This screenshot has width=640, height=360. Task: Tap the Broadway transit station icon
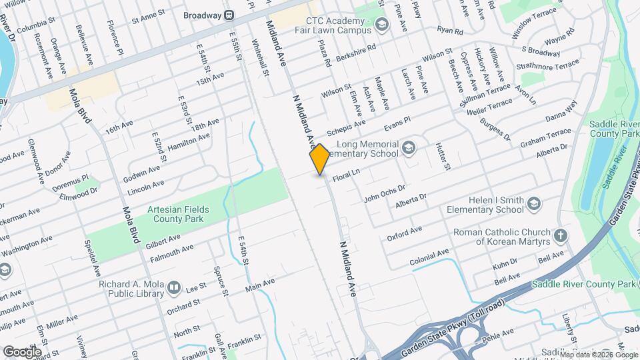tap(229, 14)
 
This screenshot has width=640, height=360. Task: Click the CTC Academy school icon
tap(381, 25)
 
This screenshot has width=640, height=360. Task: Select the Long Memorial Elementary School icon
tap(409, 148)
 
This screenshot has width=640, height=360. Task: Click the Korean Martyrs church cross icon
tap(561, 235)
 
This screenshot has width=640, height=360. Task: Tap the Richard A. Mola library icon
tap(174, 288)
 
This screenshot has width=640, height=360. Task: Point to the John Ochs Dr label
tap(385, 193)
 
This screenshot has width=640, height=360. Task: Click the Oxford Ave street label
tap(404, 233)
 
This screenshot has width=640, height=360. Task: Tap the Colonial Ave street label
tap(429, 257)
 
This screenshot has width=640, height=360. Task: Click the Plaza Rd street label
tap(327, 53)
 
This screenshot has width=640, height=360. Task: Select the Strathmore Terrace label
tap(551, 65)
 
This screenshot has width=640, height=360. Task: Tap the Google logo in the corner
tap(22, 351)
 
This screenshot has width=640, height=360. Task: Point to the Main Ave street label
tap(259, 285)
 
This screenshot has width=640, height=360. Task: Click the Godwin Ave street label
tap(142, 175)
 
